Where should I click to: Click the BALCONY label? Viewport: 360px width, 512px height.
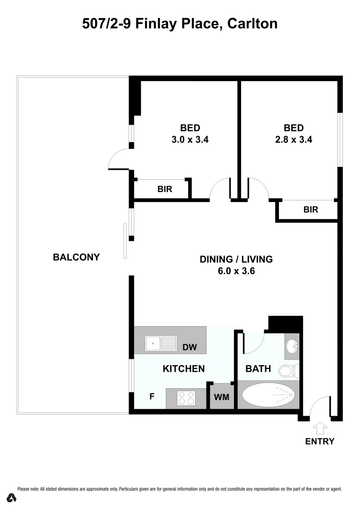pyautogui.click(x=76, y=257)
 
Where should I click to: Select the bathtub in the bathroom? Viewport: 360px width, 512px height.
pyautogui.click(x=268, y=395)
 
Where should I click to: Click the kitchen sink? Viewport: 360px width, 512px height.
pyautogui.click(x=161, y=343)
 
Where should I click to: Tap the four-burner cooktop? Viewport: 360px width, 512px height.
pyautogui.click(x=186, y=398)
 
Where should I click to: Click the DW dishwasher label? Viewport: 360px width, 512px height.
pyautogui.click(x=190, y=347)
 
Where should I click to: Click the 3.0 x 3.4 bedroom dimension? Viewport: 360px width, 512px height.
pyautogui.click(x=190, y=140)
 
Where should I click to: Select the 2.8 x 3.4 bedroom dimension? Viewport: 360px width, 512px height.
pyautogui.click(x=293, y=140)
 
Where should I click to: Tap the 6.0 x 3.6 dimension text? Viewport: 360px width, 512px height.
pyautogui.click(x=236, y=272)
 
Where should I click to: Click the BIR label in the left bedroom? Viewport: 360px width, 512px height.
pyautogui.click(x=165, y=189)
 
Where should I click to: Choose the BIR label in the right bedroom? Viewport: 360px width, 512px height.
pyautogui.click(x=311, y=209)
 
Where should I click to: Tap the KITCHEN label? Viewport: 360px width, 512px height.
pyautogui.click(x=184, y=368)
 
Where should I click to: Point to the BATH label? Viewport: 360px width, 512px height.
pyautogui.click(x=258, y=368)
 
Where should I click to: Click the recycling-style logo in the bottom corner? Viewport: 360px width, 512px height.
pyautogui.click(x=12, y=498)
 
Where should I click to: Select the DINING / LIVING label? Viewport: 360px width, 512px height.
pyautogui.click(x=236, y=259)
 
